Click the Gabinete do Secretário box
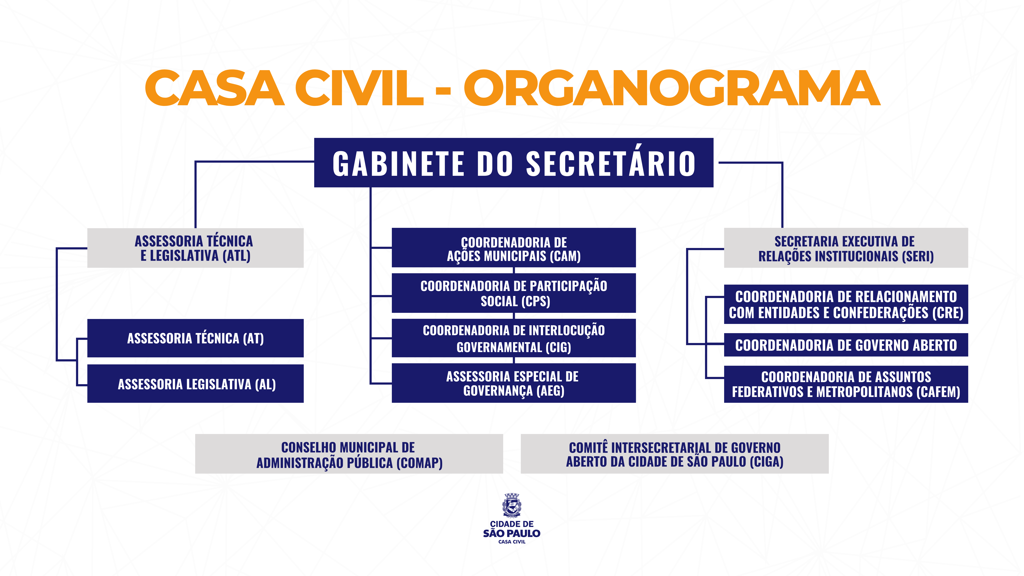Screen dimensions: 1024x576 [x=514, y=163]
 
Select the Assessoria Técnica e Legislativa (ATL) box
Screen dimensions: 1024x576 [x=195, y=248]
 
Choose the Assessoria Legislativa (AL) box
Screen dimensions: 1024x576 [x=195, y=384]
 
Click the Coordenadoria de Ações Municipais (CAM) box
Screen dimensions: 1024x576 [x=514, y=248]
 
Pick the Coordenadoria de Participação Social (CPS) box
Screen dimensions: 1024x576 [x=514, y=293]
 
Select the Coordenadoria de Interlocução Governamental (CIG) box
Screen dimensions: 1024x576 [x=514, y=338]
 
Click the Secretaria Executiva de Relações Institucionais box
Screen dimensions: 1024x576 [x=846, y=248]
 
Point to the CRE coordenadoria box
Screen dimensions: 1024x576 [x=846, y=304]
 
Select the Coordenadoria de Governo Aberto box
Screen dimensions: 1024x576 [x=846, y=345]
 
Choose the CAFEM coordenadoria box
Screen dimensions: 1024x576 [x=846, y=384]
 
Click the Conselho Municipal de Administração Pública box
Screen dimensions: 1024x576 [x=349, y=454]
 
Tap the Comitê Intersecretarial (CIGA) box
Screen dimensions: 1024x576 [x=675, y=454]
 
